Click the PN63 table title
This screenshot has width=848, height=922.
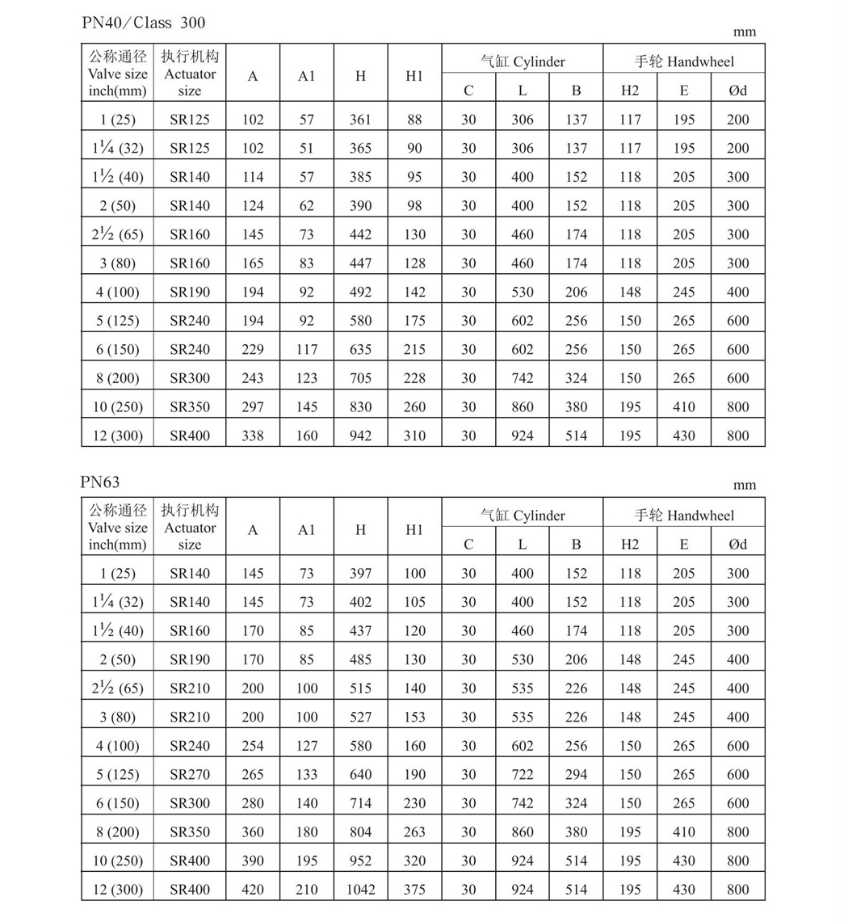[x=100, y=482]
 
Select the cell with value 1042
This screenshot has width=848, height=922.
[x=360, y=890]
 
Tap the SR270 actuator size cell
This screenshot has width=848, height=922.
[x=190, y=774]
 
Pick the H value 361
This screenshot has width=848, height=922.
[x=360, y=120]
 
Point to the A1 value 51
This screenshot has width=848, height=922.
[x=306, y=148]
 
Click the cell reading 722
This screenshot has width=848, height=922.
[x=523, y=774]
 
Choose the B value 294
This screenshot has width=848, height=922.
[x=576, y=774]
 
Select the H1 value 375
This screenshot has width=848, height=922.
[x=414, y=890]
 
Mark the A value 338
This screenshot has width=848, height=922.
[x=253, y=436]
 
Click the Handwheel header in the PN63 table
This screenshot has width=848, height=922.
[x=684, y=515]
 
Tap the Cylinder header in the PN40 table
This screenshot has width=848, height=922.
[x=523, y=61]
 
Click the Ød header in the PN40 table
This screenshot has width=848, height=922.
[x=737, y=90]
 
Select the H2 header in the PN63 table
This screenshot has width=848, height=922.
[x=630, y=544]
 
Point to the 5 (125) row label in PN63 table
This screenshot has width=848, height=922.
[x=118, y=774]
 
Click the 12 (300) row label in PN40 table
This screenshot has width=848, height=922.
[x=118, y=436]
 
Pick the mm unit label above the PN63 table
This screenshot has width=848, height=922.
[x=745, y=485]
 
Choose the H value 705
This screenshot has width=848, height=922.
[x=360, y=378]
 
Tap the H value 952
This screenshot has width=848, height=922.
[x=360, y=861]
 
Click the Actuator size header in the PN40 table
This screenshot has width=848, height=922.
[x=190, y=74]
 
